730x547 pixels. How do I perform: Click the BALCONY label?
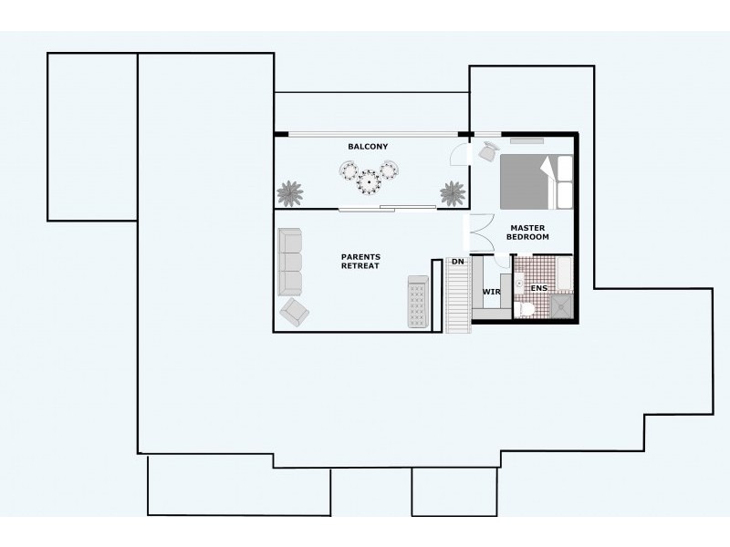(x=368, y=147)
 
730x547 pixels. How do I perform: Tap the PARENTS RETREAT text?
(x=360, y=262)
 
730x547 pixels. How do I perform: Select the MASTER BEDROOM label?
(x=529, y=232)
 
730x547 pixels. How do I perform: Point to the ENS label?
(x=539, y=289)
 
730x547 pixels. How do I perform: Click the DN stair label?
(x=458, y=263)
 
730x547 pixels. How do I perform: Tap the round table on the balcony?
(x=369, y=181)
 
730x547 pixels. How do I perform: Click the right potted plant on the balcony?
(x=453, y=193)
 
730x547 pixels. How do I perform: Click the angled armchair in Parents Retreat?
(x=294, y=312)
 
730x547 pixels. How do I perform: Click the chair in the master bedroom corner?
(x=488, y=150)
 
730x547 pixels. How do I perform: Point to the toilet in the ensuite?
(x=526, y=310)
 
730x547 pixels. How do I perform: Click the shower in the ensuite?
(x=560, y=307)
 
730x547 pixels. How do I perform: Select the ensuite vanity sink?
(x=518, y=284)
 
